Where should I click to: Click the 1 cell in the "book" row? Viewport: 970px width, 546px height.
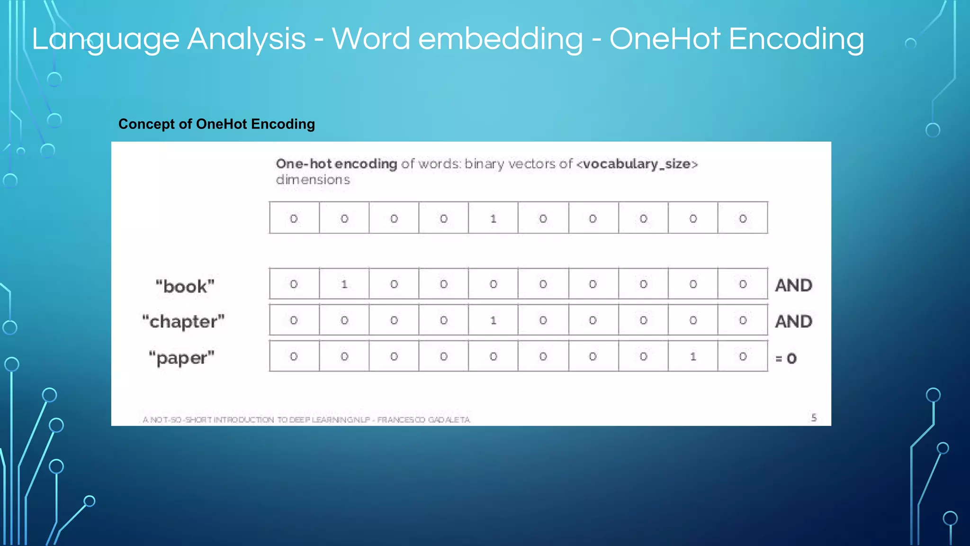click(x=344, y=284)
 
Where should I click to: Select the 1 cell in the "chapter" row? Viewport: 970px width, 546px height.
click(x=493, y=320)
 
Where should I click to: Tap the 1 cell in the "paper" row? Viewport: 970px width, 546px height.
click(x=693, y=356)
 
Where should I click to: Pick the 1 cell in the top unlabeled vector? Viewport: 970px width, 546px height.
click(x=493, y=218)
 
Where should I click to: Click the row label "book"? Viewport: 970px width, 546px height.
click(x=185, y=286)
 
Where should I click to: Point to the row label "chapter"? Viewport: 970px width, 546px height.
click(x=183, y=321)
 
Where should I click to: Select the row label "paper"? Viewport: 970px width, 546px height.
click(x=181, y=358)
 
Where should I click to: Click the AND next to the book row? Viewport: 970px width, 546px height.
click(x=793, y=285)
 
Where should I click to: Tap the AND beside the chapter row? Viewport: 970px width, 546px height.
click(x=793, y=321)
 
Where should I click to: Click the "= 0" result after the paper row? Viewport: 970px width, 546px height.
click(x=786, y=358)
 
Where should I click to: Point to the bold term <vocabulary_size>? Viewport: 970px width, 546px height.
click(x=637, y=164)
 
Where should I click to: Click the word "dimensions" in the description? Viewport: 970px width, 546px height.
click(x=313, y=180)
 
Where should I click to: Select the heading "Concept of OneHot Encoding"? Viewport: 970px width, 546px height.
click(x=216, y=124)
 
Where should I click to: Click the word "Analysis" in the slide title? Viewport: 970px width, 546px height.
click(x=246, y=39)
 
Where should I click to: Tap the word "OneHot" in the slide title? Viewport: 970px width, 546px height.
click(x=665, y=39)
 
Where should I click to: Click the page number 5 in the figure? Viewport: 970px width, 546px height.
click(x=814, y=418)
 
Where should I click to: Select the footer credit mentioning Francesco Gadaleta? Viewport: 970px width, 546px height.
click(x=306, y=419)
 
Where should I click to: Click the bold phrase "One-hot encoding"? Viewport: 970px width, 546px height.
click(x=336, y=164)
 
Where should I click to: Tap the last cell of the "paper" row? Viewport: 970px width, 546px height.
click(x=743, y=356)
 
